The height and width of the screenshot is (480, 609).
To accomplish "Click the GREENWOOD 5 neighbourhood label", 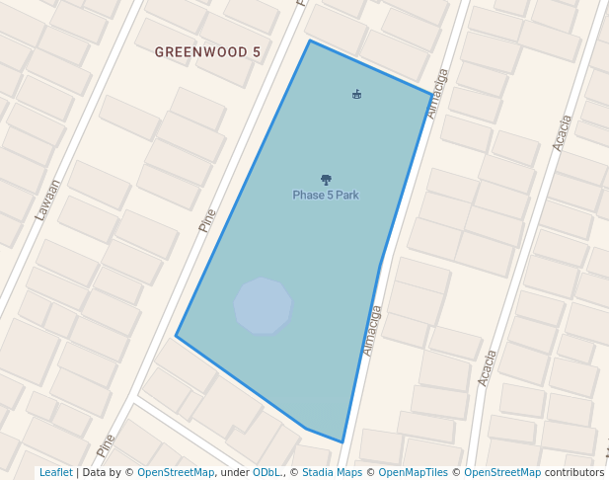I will coord(207,51).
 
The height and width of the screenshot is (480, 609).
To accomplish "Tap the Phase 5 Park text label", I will coord(326,196).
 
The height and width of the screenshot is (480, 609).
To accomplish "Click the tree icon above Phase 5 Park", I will coord(326,180).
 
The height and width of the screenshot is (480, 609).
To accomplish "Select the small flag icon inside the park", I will coord(356,95).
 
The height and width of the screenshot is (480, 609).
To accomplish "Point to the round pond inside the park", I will coord(263,306).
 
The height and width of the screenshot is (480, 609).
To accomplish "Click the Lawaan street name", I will coord(47,199).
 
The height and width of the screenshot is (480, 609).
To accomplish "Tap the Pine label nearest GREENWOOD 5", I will coord(207,218).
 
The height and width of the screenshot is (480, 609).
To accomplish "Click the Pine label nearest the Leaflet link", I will coord(107,444).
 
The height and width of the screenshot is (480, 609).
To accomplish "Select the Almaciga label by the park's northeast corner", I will coord(438,93).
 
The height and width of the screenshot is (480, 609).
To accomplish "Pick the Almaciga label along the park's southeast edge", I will coord(372,330).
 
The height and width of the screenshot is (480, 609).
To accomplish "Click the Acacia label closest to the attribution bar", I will coord(487,367).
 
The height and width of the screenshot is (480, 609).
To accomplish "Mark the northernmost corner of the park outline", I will coord(310,41).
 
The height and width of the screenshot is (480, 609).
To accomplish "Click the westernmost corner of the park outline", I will coord(177,336).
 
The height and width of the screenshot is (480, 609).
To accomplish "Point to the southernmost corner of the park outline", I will coord(343,442).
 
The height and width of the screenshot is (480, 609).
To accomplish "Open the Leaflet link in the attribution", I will coord(55,473).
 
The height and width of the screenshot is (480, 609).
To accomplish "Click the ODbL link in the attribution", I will coord(266,473).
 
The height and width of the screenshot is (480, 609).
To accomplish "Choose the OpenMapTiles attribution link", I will coord(414,473).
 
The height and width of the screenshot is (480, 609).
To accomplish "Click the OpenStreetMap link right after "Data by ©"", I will coord(176,473).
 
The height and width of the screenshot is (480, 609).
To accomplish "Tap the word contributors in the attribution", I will coord(574,473).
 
